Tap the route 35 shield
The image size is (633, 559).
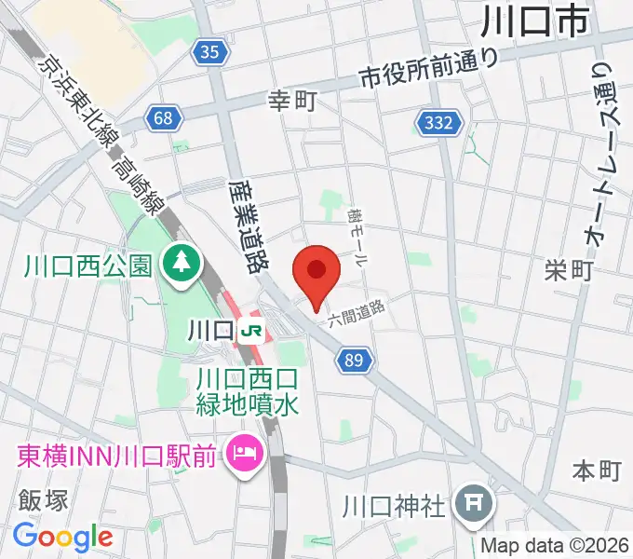[x=211, y=53]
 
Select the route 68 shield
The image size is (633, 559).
[x=164, y=117]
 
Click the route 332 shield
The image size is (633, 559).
[x=438, y=123]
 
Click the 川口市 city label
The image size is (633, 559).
[x=536, y=19]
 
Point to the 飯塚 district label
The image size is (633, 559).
[x=43, y=500]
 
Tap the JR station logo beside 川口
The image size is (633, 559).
[x=249, y=330]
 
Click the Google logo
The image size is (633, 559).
[x=63, y=537]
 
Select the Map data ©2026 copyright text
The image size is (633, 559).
[x=555, y=546]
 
